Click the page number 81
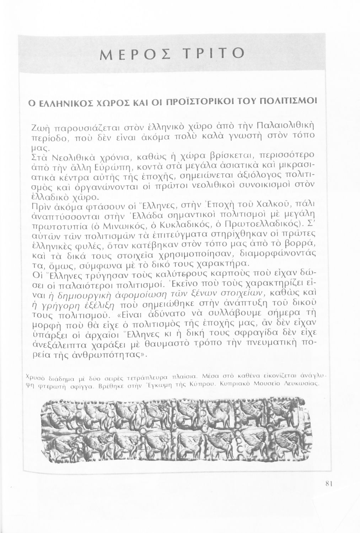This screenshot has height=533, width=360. pos(328,483)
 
